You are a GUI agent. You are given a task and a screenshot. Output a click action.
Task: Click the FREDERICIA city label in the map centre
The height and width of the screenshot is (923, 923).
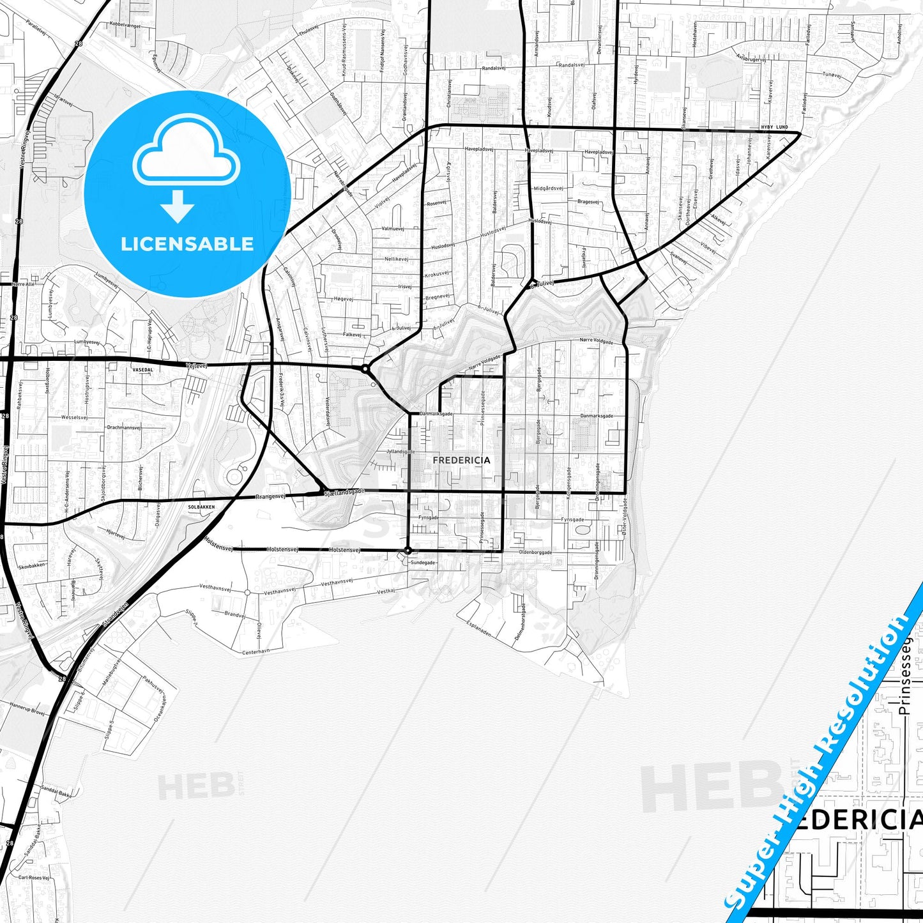tap(461, 460)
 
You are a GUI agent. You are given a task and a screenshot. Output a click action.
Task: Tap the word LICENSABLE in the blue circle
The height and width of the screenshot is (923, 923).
tap(187, 244)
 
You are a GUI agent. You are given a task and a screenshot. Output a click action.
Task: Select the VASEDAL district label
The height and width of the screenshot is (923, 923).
tap(142, 370)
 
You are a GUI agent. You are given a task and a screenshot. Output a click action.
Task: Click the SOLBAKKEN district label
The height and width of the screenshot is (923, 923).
tap(201, 507)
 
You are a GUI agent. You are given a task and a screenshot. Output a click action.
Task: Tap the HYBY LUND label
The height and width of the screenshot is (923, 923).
tap(774, 128)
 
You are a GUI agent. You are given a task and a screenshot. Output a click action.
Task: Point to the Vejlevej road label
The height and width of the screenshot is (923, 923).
tap(196, 365)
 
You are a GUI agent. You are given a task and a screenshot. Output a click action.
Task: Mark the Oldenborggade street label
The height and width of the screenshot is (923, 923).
tap(535, 552)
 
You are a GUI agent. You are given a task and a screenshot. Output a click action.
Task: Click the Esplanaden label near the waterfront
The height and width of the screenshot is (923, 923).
tap(478, 629)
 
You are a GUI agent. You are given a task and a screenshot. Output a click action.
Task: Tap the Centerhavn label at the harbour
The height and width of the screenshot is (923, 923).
tap(256, 652)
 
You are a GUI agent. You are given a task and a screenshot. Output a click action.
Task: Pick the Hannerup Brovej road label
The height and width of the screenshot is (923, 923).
tap(27, 708)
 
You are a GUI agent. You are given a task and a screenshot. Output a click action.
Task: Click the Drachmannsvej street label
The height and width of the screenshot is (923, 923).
tap(124, 427)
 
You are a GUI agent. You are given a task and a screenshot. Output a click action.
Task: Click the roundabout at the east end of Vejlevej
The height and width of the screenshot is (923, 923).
tap(365, 369)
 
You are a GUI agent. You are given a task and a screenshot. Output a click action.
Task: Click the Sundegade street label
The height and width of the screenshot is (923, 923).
tap(423, 563)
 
